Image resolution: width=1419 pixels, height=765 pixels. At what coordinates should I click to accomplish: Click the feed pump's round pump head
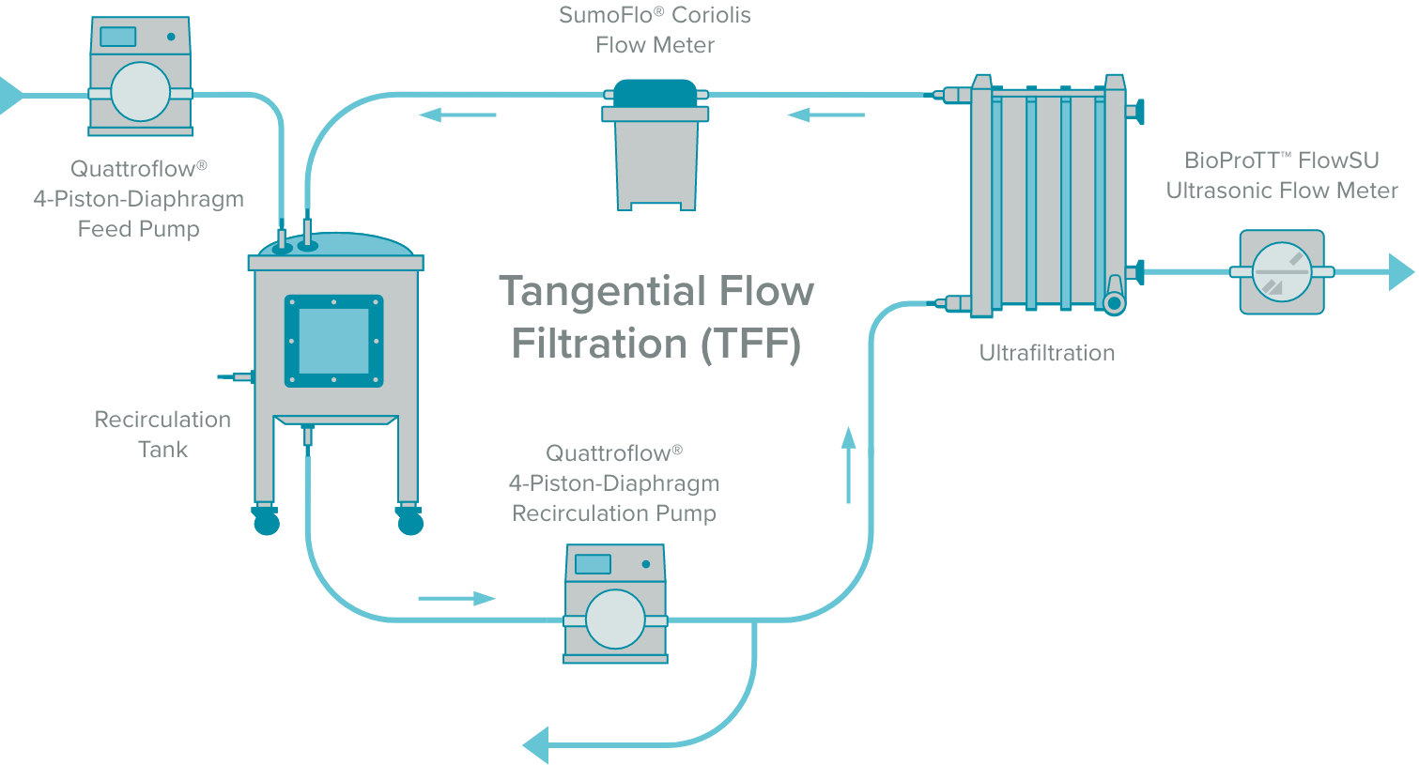pyautogui.click(x=141, y=92)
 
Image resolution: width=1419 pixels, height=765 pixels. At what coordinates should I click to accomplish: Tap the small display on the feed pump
pyautogui.click(x=117, y=37)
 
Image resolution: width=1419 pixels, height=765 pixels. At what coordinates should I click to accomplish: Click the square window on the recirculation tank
pyautogui.click(x=333, y=341)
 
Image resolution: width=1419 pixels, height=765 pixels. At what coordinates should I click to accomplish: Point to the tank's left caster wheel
pyautogui.click(x=267, y=520)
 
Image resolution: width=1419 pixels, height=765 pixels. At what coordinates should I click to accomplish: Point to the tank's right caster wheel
pyautogui.click(x=410, y=520)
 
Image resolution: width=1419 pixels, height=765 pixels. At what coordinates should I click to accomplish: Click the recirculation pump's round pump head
pyautogui.click(x=615, y=620)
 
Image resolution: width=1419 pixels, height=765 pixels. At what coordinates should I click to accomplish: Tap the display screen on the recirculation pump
pyautogui.click(x=593, y=564)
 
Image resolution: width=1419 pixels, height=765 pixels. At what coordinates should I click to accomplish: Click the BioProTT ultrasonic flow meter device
pyautogui.click(x=1282, y=272)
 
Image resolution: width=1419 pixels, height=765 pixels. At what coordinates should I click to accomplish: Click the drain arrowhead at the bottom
pyautogui.click(x=535, y=745)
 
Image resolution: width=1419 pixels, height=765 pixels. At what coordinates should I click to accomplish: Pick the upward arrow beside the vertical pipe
pyautogui.click(x=849, y=465)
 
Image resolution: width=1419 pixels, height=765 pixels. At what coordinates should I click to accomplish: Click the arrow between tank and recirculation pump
pyautogui.click(x=456, y=598)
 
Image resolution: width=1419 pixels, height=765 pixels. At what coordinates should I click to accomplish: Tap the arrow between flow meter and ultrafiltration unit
pyautogui.click(x=825, y=115)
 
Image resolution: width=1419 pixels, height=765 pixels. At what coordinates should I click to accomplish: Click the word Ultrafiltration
pyautogui.click(x=1047, y=353)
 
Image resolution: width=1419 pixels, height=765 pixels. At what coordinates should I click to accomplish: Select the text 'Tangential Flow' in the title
pyautogui.click(x=656, y=291)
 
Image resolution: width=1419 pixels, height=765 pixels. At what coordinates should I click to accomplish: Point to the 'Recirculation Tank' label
pyautogui.click(x=162, y=434)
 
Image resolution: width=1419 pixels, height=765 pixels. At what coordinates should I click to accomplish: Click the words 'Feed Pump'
pyautogui.click(x=139, y=229)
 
